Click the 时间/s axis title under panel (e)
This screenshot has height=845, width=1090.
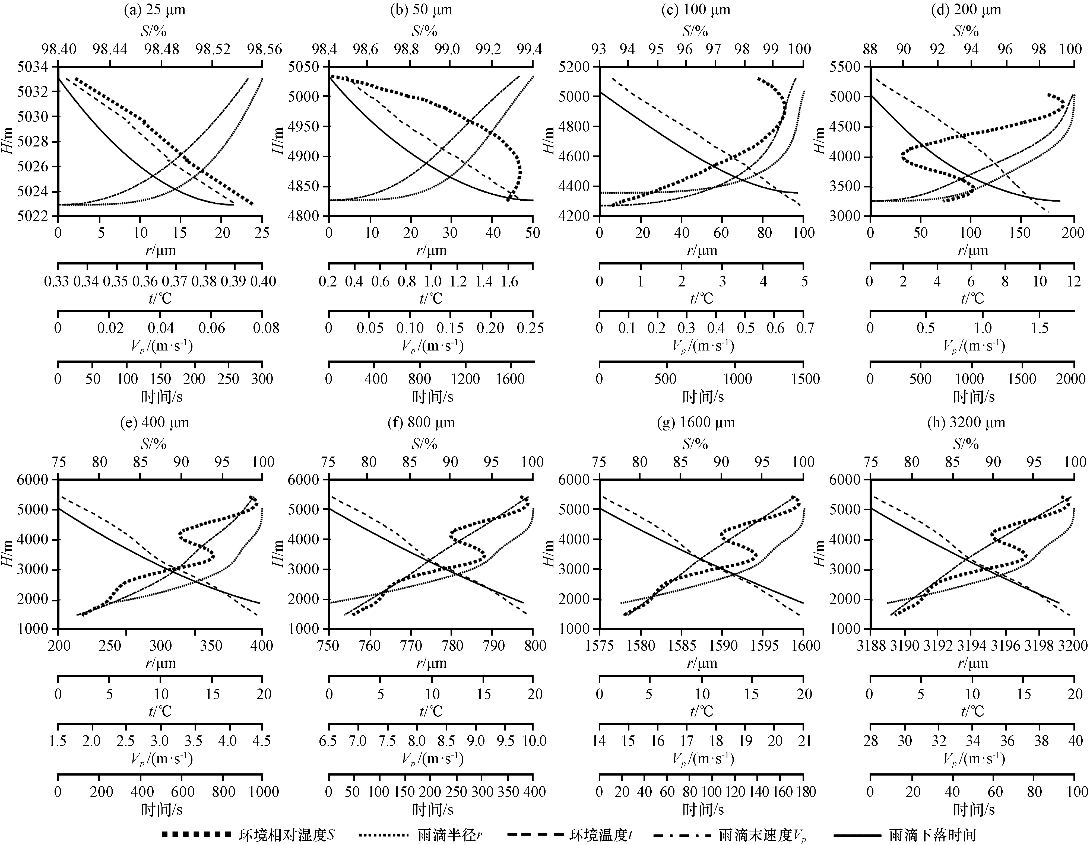click(x=161, y=809)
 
